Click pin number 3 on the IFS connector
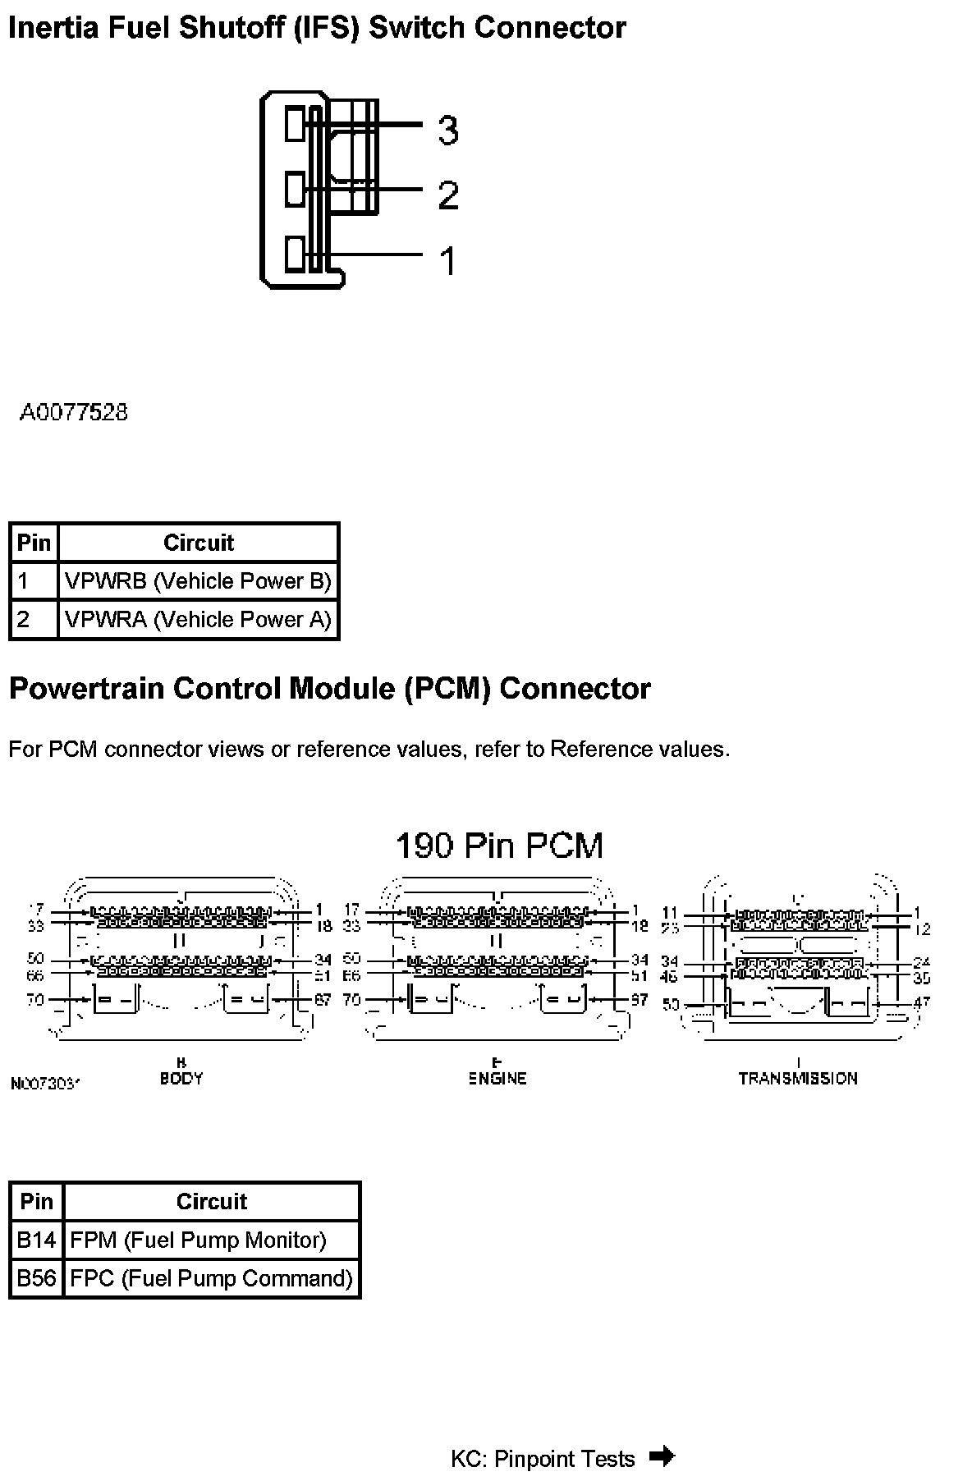tap(447, 130)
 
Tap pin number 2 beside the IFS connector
tap(447, 195)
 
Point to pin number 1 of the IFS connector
tap(447, 261)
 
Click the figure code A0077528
tap(74, 412)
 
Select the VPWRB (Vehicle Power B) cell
tap(198, 581)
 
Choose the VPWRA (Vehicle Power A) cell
tap(198, 619)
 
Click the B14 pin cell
tap(36, 1240)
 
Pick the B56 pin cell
tap(36, 1278)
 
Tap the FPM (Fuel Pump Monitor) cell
tap(198, 1240)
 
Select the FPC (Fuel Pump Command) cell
tap(211, 1278)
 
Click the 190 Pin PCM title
tap(499, 845)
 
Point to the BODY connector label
tap(181, 1078)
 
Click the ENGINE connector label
tap(497, 1078)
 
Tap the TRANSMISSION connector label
tap(797, 1078)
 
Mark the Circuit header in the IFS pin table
tap(199, 543)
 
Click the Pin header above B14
tap(36, 1201)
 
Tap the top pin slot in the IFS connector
tap(295, 123)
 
